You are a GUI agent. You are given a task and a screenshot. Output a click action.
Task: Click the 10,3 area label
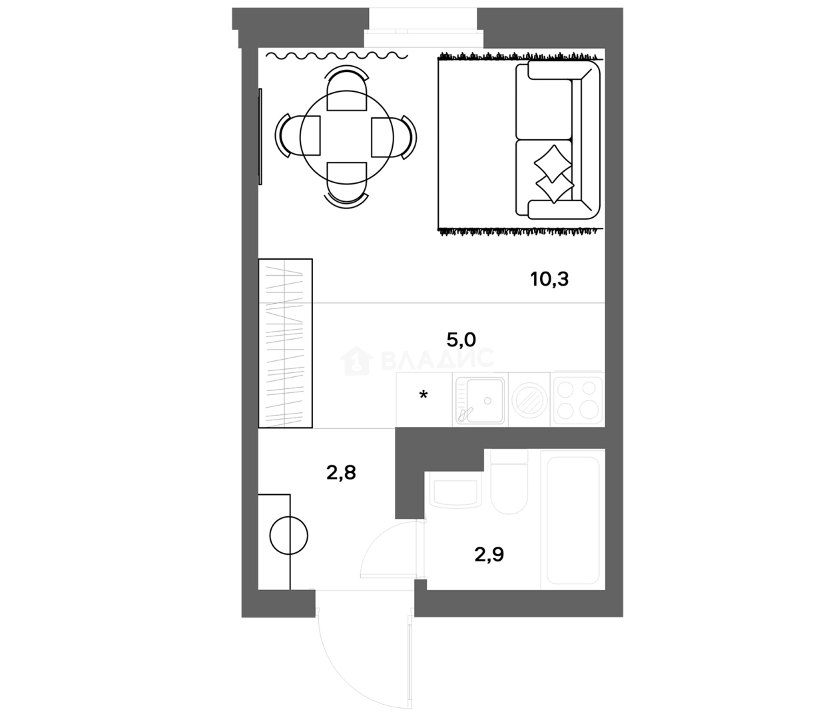point(549,279)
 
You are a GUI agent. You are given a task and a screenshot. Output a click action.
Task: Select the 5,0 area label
point(461,340)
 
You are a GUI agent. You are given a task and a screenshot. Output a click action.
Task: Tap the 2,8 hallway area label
point(340,473)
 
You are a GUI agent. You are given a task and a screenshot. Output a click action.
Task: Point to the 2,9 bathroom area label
point(489,554)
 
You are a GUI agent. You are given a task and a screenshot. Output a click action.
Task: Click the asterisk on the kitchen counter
point(423,396)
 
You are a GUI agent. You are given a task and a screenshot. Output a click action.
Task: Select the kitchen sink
point(480,400)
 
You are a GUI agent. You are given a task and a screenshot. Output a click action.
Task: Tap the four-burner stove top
point(578,399)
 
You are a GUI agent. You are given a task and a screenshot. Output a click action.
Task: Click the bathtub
point(573,520)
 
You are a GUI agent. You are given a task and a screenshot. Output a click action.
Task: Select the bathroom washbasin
point(455,492)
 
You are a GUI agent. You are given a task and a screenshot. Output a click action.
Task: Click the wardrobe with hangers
point(285,343)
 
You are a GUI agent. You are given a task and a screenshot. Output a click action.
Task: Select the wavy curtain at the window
point(336,56)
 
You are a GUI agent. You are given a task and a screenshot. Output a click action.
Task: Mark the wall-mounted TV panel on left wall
point(260,137)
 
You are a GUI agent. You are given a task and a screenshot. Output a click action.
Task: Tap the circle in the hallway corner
point(289,536)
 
